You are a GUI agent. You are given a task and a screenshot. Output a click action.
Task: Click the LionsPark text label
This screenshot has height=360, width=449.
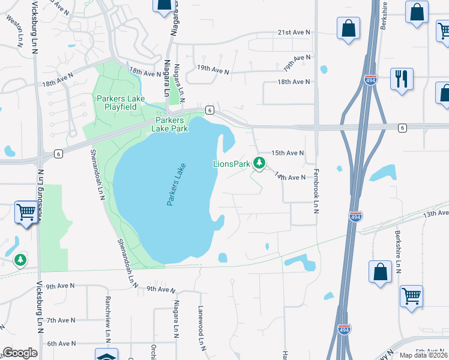point(232,164)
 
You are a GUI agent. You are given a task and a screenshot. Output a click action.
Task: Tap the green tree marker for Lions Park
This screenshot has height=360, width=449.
point(259,162)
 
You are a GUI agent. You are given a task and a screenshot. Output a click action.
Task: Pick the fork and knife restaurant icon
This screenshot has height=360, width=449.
point(400,78)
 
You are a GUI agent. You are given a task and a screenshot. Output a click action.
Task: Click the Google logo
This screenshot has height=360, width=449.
point(19,353)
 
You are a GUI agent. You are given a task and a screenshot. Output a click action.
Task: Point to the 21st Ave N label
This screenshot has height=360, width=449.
point(294,32)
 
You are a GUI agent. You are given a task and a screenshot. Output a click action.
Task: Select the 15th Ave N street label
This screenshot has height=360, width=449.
point(288,154)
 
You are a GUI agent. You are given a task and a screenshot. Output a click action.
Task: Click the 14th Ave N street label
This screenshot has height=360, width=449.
point(291,177)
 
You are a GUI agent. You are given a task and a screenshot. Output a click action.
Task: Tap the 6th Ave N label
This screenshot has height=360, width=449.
point(61,344)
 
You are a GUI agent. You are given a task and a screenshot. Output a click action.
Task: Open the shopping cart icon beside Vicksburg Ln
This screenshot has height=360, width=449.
point(26,212)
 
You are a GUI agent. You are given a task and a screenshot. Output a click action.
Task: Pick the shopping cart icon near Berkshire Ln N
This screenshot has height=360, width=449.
point(411,295)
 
